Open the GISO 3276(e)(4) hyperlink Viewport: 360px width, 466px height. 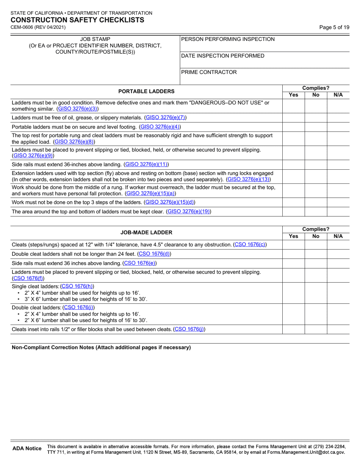(160, 127)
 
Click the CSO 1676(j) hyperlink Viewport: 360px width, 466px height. (189, 329)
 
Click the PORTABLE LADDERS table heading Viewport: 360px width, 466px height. (146, 91)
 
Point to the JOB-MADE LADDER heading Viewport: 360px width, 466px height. (146, 232)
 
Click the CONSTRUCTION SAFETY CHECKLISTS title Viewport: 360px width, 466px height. (77, 20)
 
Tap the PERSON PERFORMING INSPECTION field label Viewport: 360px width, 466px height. (228, 39)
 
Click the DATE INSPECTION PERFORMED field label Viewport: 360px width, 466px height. (223, 56)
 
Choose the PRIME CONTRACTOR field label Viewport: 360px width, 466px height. (209, 72)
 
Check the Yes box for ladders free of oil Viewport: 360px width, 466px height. (294, 118)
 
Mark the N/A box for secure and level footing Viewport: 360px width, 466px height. (338, 127)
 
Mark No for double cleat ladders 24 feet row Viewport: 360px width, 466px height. (316, 253)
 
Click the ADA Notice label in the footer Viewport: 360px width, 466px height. (27, 449)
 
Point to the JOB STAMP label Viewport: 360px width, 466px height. (95, 39)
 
